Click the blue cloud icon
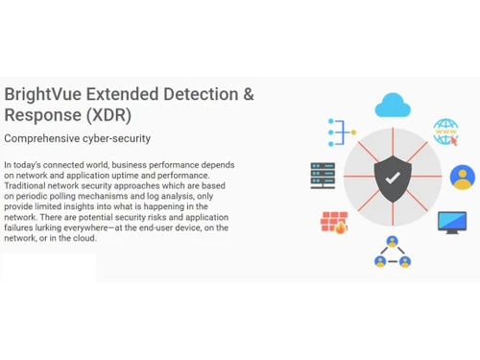[392, 103]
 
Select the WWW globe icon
[446, 132]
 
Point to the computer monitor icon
[451, 222]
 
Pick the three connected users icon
[392, 252]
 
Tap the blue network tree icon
[341, 131]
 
